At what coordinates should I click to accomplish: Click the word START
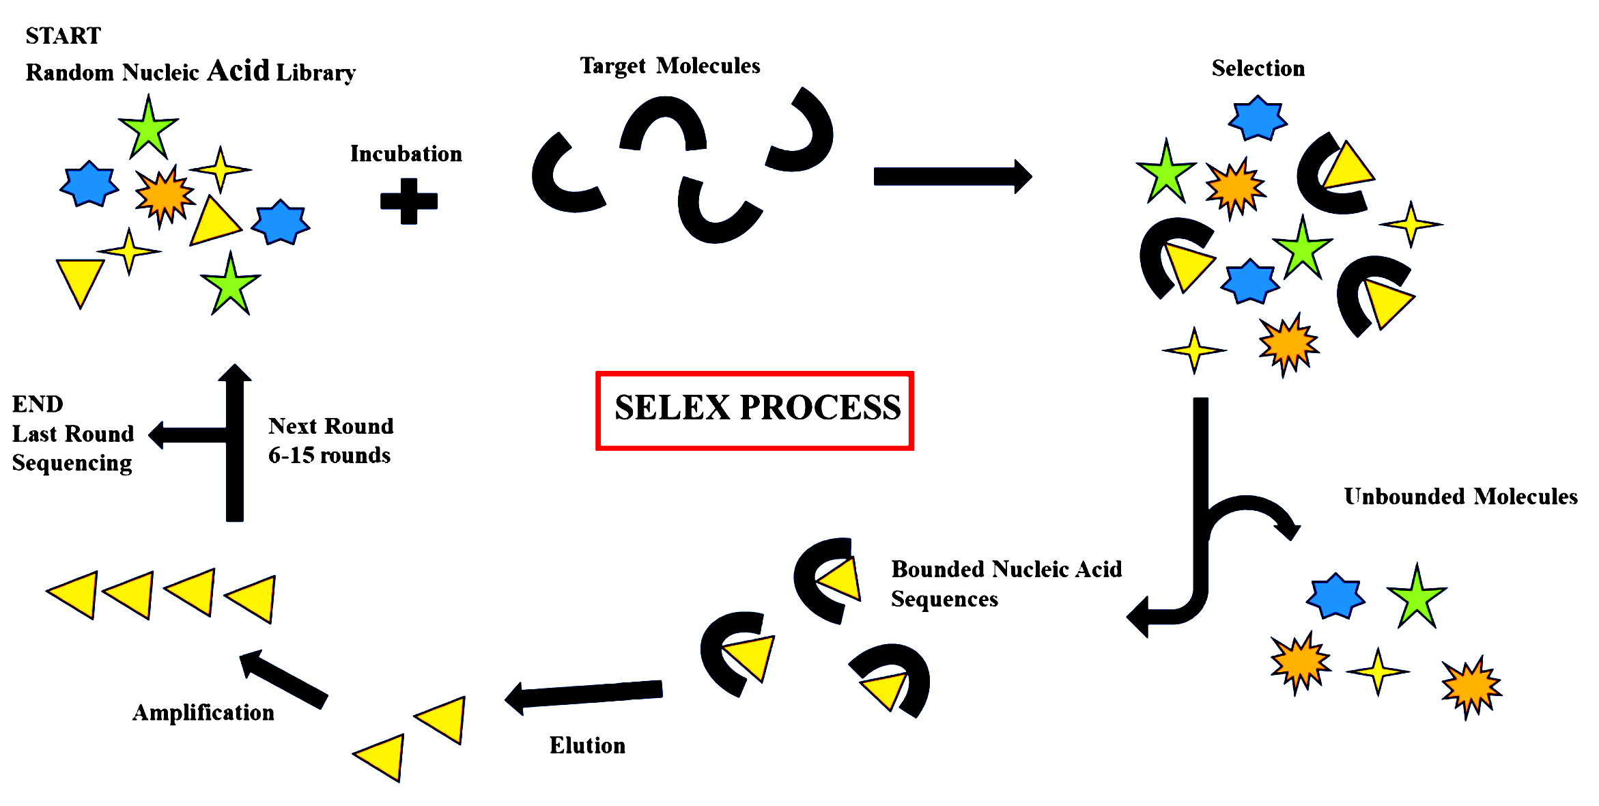coord(63,36)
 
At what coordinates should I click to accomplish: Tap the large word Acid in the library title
coord(238,70)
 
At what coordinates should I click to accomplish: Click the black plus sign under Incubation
coord(408,201)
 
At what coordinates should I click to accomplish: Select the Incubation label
coord(406,154)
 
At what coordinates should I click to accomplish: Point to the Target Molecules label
coord(670,66)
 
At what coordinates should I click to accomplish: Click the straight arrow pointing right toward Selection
coord(952,176)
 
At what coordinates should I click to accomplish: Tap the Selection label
coord(1258,68)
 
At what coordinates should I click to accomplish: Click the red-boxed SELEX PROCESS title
coord(756,408)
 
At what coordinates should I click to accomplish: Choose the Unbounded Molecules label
coord(1460,497)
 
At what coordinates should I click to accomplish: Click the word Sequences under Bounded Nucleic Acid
coord(944,599)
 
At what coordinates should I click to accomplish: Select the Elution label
coord(587,745)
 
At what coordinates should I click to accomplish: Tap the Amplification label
coord(203,712)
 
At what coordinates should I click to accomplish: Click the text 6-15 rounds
coord(329,456)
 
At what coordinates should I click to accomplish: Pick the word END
coord(38,404)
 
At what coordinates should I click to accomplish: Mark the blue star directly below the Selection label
coord(1257,118)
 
